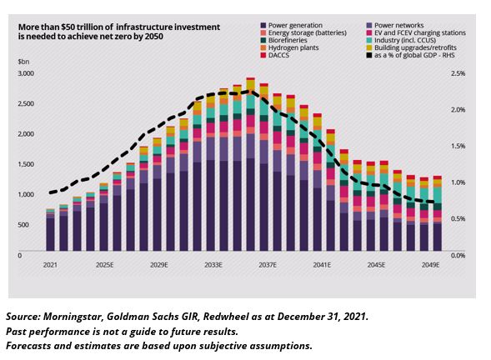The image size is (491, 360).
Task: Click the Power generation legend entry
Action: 291,25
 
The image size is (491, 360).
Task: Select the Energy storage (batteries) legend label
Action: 303,32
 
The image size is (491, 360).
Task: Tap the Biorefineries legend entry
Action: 283,40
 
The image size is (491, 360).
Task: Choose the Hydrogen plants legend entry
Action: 289,47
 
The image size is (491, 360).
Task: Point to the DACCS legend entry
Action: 275,55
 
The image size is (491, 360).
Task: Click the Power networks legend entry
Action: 395,25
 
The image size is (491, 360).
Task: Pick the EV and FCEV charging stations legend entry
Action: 416,32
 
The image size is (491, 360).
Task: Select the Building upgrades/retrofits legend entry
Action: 412,47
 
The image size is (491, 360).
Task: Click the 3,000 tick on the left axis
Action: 26,73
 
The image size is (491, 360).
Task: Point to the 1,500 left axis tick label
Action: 26,164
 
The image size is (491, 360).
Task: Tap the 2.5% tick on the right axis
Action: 458,73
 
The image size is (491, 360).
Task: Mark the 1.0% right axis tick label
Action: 458,182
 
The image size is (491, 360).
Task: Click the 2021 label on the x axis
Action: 50,265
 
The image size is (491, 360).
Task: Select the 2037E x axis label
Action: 268,265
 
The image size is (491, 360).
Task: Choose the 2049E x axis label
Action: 431,265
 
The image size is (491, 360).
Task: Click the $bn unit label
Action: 23,62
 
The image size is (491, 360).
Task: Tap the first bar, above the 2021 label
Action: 50,230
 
